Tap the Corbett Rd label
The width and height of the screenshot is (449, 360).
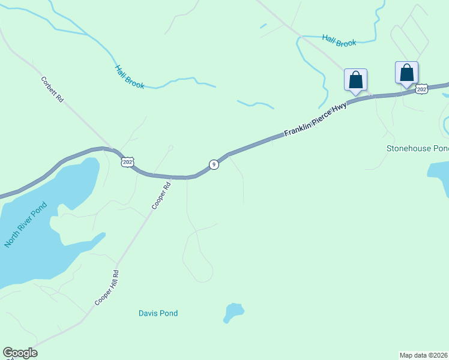[x=52, y=89]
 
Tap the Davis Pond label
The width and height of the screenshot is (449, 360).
[x=158, y=313]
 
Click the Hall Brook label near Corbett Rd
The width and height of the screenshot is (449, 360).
[x=130, y=77]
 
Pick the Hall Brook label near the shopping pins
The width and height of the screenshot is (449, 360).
[x=339, y=40]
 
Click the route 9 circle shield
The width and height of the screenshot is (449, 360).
[x=213, y=164]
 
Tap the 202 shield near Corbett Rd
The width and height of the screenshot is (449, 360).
[x=127, y=162]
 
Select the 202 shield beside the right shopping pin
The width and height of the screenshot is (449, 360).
[x=421, y=89]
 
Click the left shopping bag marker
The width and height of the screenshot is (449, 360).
[x=355, y=79]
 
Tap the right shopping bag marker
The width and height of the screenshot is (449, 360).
[x=406, y=73]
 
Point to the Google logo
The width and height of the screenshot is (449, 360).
[x=20, y=353]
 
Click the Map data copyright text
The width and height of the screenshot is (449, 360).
[x=424, y=355]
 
